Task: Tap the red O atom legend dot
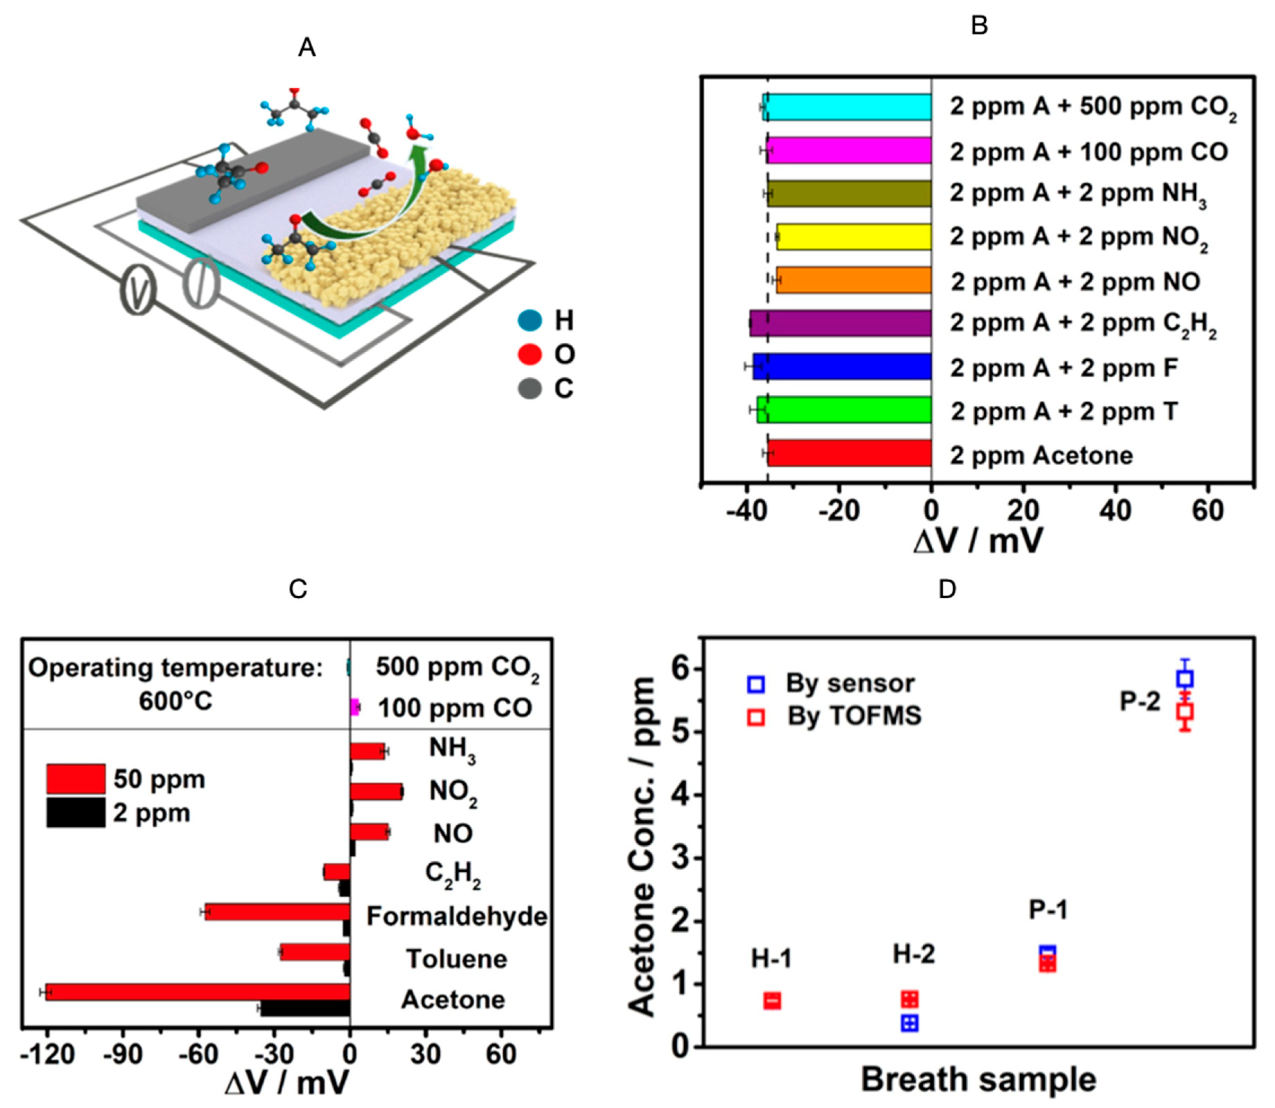pyautogui.click(x=529, y=354)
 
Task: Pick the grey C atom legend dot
pyautogui.click(x=529, y=388)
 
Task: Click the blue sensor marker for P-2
pyautogui.click(x=1185, y=678)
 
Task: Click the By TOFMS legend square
pyautogui.click(x=756, y=716)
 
